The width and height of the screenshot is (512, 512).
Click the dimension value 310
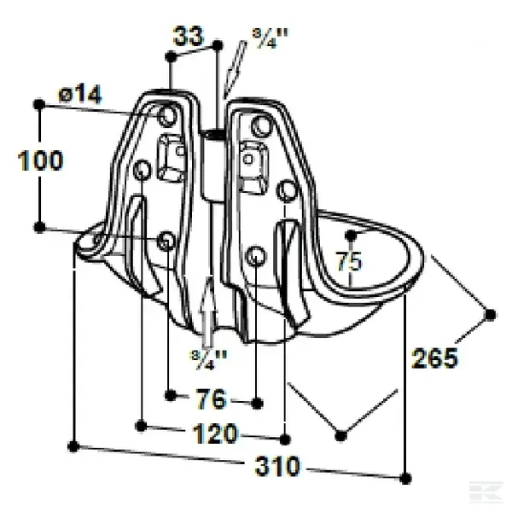click(277, 466)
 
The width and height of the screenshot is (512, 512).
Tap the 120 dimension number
click(216, 433)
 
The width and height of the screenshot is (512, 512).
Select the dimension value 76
click(211, 399)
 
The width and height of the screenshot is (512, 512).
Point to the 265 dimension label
click(434, 358)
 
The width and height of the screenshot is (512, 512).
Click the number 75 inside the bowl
click(349, 261)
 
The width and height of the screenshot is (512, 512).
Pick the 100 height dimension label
click(40, 160)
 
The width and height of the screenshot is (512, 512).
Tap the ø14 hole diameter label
click(80, 94)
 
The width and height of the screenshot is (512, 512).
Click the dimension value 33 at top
click(189, 36)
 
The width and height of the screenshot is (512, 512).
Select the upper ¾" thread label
click(271, 38)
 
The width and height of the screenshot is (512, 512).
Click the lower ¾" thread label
click(208, 360)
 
